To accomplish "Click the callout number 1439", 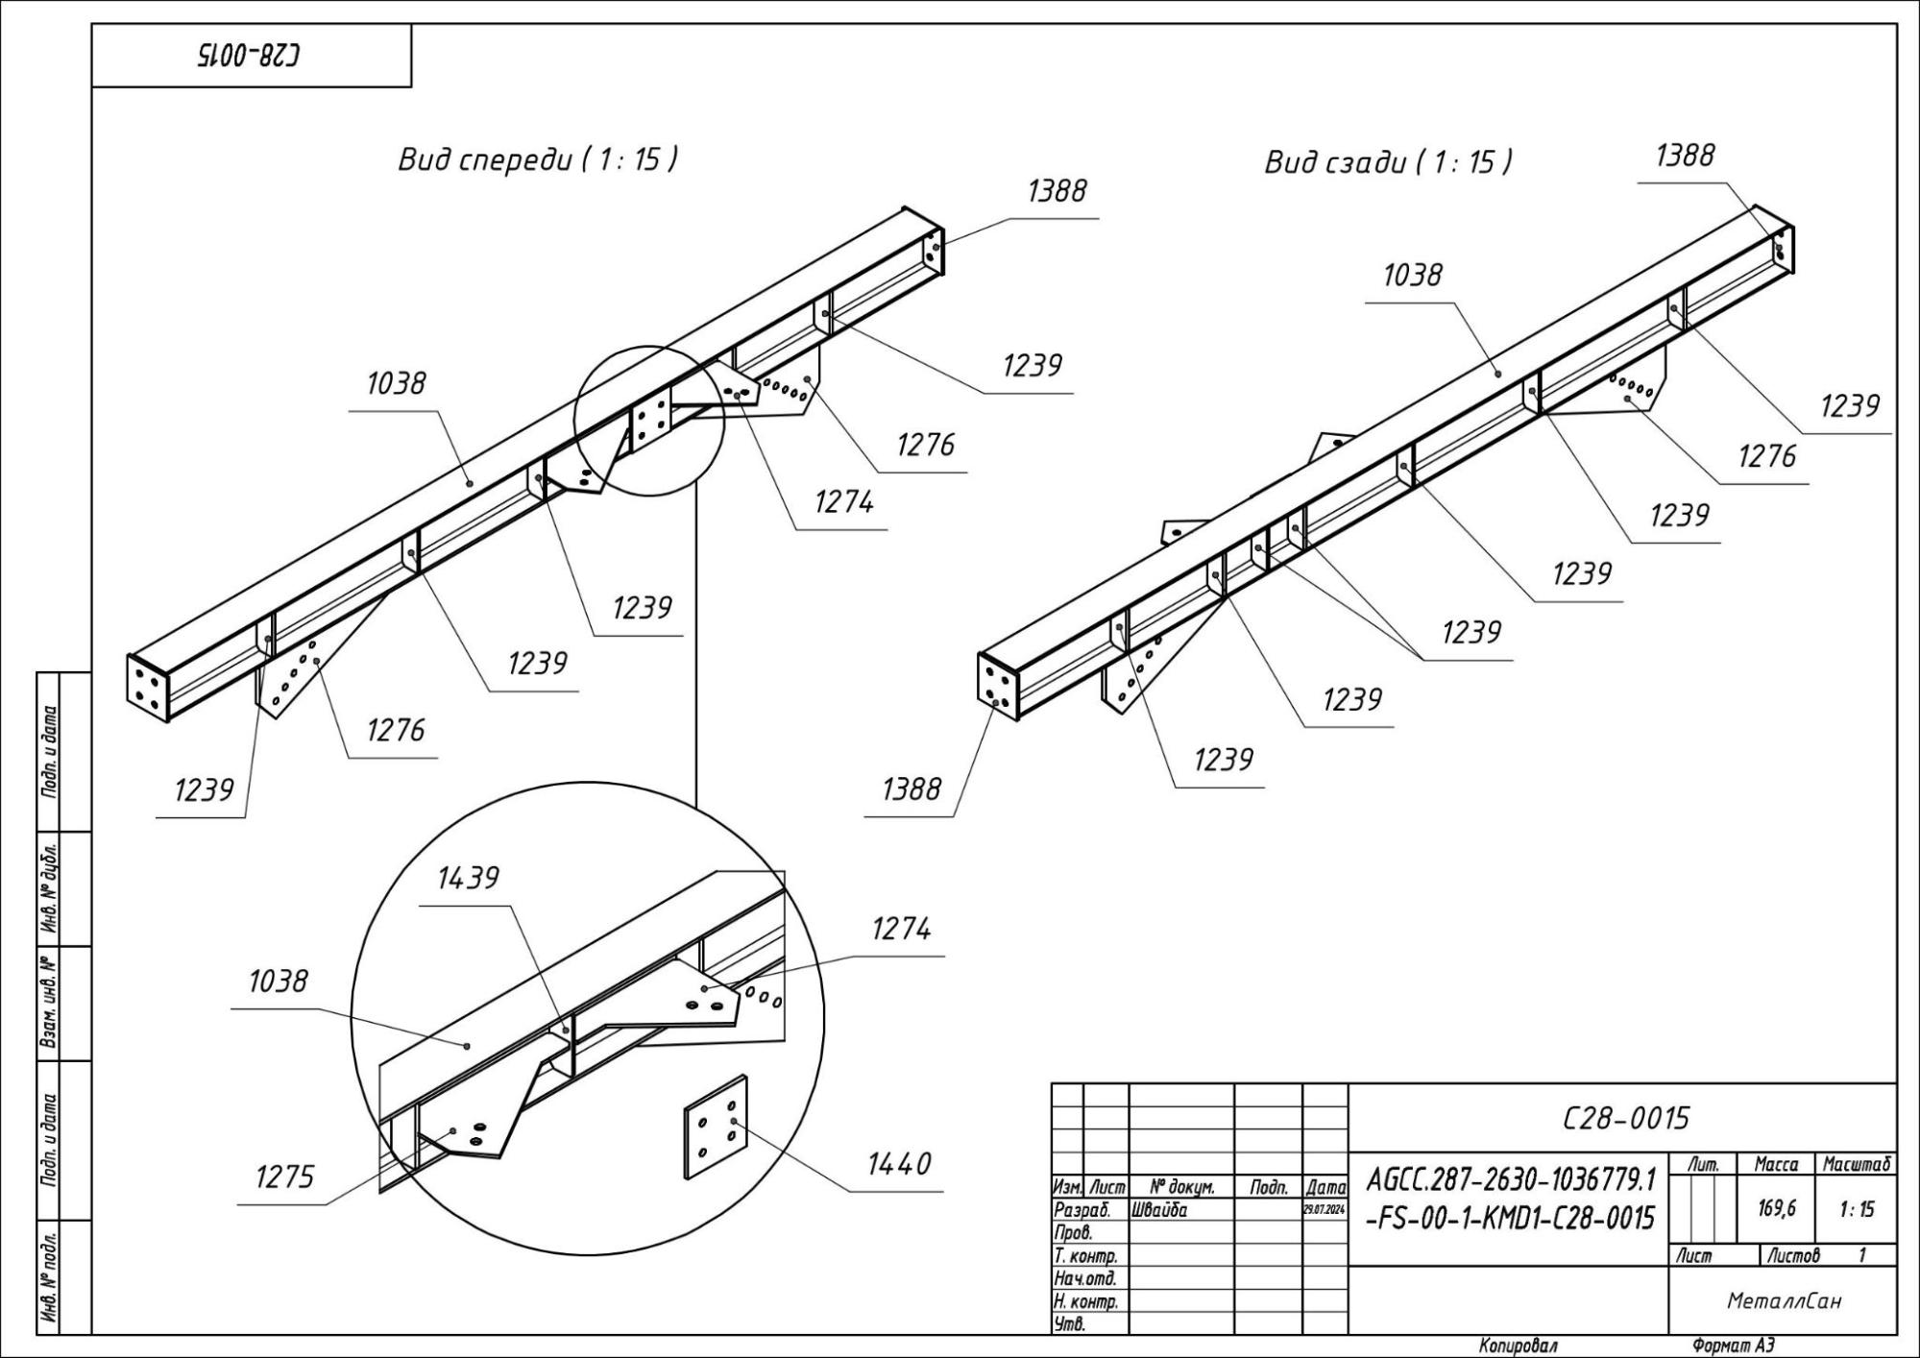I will pos(468,878).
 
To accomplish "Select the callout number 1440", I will pos(898,1164).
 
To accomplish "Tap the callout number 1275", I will pos(284,1176).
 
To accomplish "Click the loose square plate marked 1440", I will pos(716,1128).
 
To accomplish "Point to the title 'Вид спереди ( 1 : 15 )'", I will pos(538,159).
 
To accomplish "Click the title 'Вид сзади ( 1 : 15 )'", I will pos(1388,162).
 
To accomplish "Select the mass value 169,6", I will pos(1777,1208).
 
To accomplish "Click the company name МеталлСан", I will pos(1784,1300).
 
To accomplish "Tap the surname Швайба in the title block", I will pos(1160,1210).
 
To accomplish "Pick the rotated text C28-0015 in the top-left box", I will pos(249,56).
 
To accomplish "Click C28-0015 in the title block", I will pos(1625,1119).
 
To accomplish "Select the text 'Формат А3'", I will pos(1734,1346).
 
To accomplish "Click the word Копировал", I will pos(1518,1346).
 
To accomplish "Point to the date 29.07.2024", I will pos(1325,1210).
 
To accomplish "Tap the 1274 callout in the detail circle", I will pos(901,929).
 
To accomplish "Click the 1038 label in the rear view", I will pos(1412,276).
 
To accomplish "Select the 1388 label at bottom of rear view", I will pos(911,789).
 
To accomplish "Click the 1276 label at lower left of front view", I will pos(395,731).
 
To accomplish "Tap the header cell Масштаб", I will pos(1857,1164).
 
